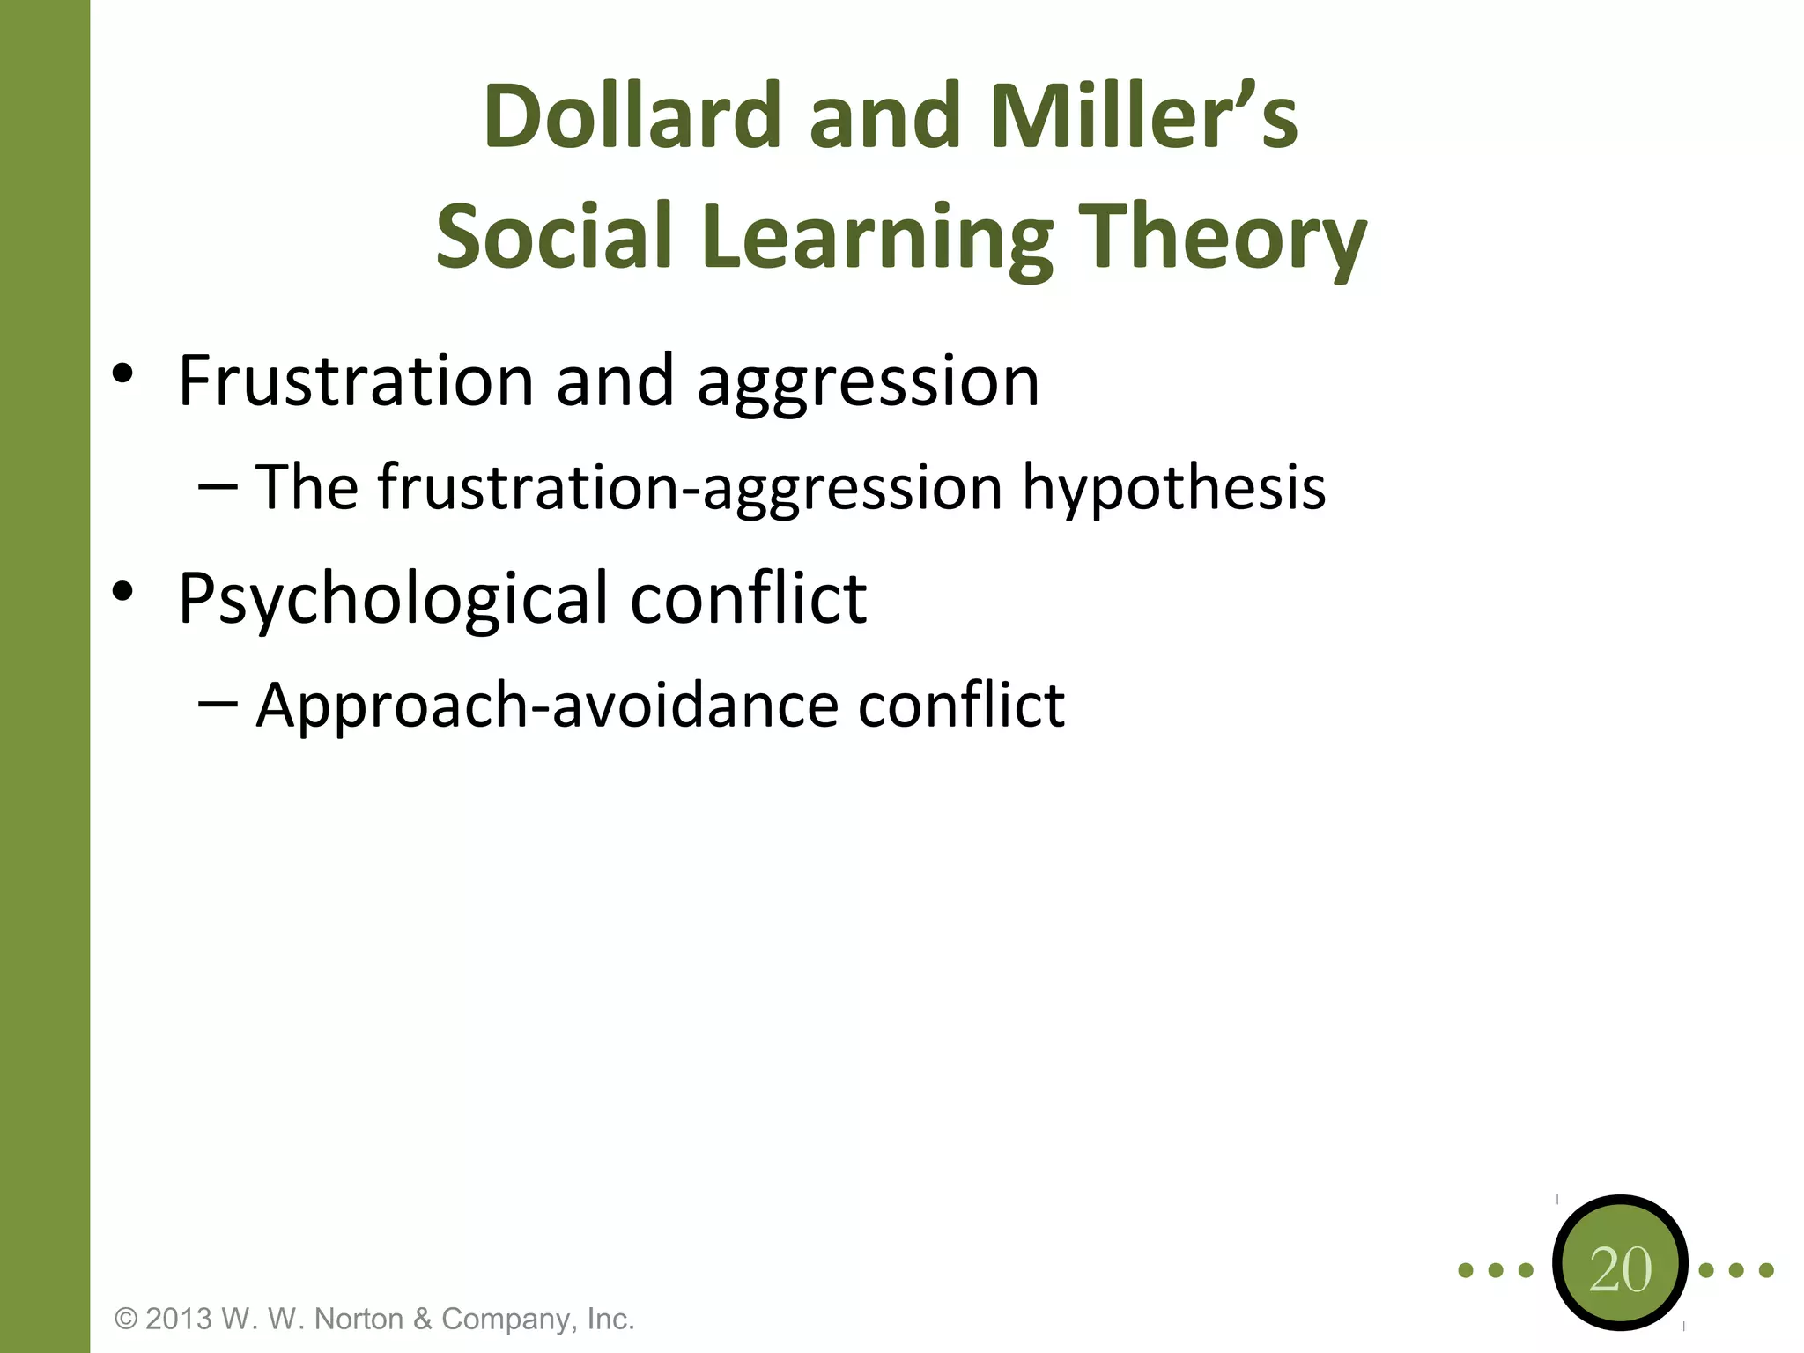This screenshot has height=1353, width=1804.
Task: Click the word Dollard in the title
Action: click(x=632, y=116)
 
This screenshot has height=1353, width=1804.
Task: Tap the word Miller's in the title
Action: click(x=1143, y=116)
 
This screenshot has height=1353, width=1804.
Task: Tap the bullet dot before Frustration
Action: click(x=122, y=373)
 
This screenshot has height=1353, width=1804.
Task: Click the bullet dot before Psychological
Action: click(x=122, y=591)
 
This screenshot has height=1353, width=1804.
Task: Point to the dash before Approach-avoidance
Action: click(x=218, y=704)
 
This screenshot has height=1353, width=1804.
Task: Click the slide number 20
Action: click(x=1620, y=1270)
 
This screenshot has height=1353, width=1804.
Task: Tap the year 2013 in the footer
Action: click(x=179, y=1319)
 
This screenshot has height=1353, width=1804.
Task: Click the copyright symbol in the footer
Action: click(x=127, y=1319)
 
